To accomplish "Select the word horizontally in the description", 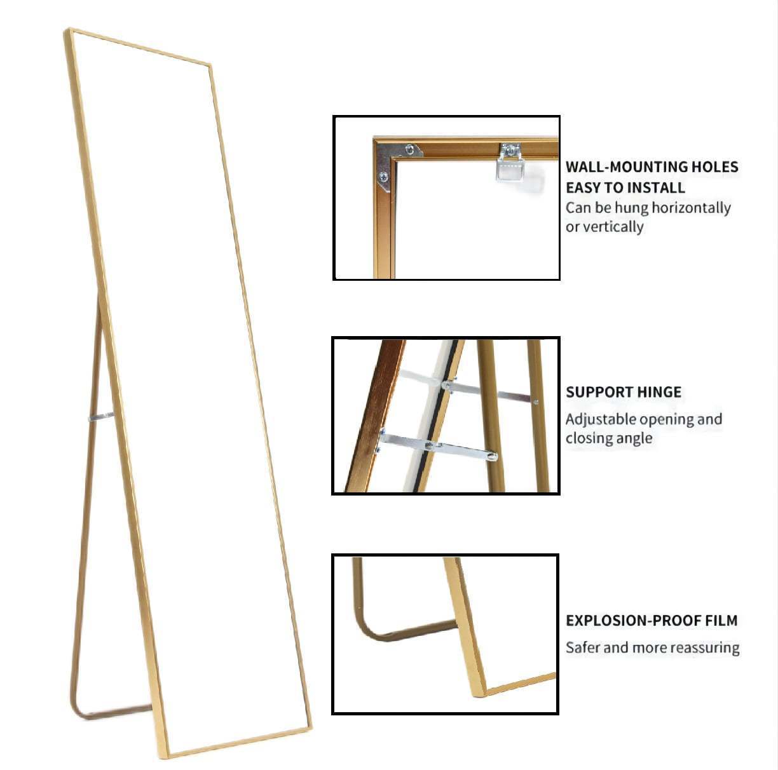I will pyautogui.click(x=691, y=208).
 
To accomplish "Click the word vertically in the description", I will pyautogui.click(x=613, y=227).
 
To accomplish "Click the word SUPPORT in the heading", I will pyautogui.click(x=596, y=392).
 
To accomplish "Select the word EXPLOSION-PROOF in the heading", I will pyautogui.click(x=634, y=621).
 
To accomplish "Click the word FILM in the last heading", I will pyautogui.click(x=721, y=621).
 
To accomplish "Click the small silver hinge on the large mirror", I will pyautogui.click(x=100, y=417).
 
